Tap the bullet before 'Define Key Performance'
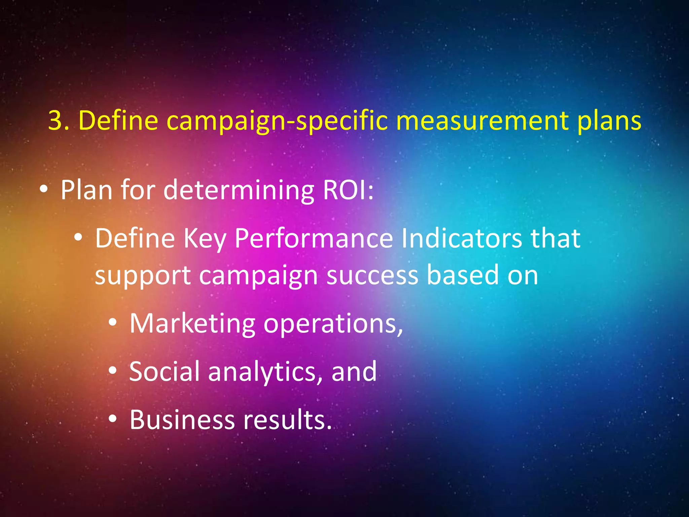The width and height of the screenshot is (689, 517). pos(78,238)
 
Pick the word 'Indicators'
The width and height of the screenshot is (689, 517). pos(462,238)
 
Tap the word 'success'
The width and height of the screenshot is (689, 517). pos(372,276)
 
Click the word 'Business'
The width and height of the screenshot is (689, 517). pos(182,420)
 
